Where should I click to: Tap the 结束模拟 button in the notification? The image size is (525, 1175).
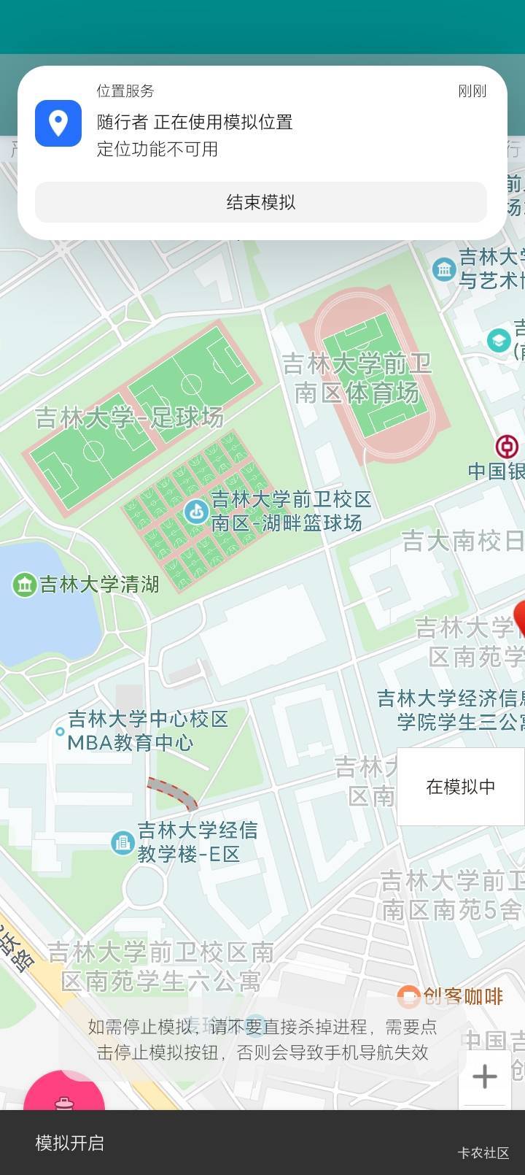260,202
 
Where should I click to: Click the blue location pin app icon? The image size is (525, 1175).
58,123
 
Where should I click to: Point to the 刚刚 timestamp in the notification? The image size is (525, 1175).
472,91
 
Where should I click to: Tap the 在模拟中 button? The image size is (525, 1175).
460,786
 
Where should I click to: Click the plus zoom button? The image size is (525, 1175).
484,1076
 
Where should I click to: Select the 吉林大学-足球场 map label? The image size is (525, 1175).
129,417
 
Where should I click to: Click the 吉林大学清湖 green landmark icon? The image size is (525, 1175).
25,584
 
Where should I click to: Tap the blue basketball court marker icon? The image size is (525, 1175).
195,512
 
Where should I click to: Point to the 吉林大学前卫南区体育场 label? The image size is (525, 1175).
357,378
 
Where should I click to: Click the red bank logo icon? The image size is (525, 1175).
507,446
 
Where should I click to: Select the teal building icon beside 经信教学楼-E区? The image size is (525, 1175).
122,843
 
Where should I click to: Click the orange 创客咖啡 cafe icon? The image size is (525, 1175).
408,996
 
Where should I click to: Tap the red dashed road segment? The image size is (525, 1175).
172,793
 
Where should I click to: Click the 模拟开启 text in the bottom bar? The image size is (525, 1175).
70,1142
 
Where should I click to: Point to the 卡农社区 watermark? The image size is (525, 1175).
483,1152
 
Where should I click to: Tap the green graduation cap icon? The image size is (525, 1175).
499,340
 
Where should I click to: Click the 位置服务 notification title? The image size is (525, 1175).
125,91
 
